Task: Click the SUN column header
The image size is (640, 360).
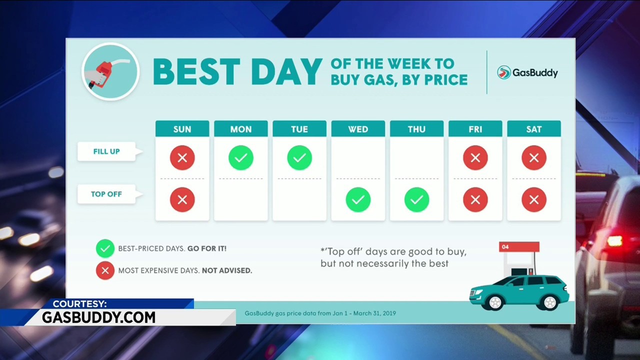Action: coord(182,129)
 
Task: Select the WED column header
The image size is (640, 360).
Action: coord(358,129)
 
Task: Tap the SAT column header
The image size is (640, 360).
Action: coord(533,129)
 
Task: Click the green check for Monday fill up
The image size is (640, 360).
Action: coord(241,157)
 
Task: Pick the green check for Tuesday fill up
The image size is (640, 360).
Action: coord(299,157)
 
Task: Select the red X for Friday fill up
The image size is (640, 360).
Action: coord(475,157)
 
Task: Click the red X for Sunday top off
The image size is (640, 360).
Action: coord(182,199)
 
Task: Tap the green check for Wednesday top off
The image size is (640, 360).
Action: coord(358,199)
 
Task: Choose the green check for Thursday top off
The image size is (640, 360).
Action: coord(416,199)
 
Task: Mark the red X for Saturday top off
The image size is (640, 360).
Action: coord(533,199)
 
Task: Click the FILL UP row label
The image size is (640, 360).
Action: coord(106,151)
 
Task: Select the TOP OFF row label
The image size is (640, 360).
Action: coord(106,194)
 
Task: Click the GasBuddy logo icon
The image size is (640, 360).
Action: coord(503,72)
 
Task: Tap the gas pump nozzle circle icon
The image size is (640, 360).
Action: coord(111,71)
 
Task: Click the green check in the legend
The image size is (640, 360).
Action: coord(105,248)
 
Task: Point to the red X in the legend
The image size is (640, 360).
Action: coord(105,270)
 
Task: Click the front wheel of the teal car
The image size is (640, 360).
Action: coord(495,302)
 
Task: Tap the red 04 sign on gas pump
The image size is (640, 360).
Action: coord(519,247)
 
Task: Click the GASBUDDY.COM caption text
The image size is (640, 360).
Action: coord(99,317)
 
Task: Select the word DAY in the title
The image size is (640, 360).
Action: coord(286,71)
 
